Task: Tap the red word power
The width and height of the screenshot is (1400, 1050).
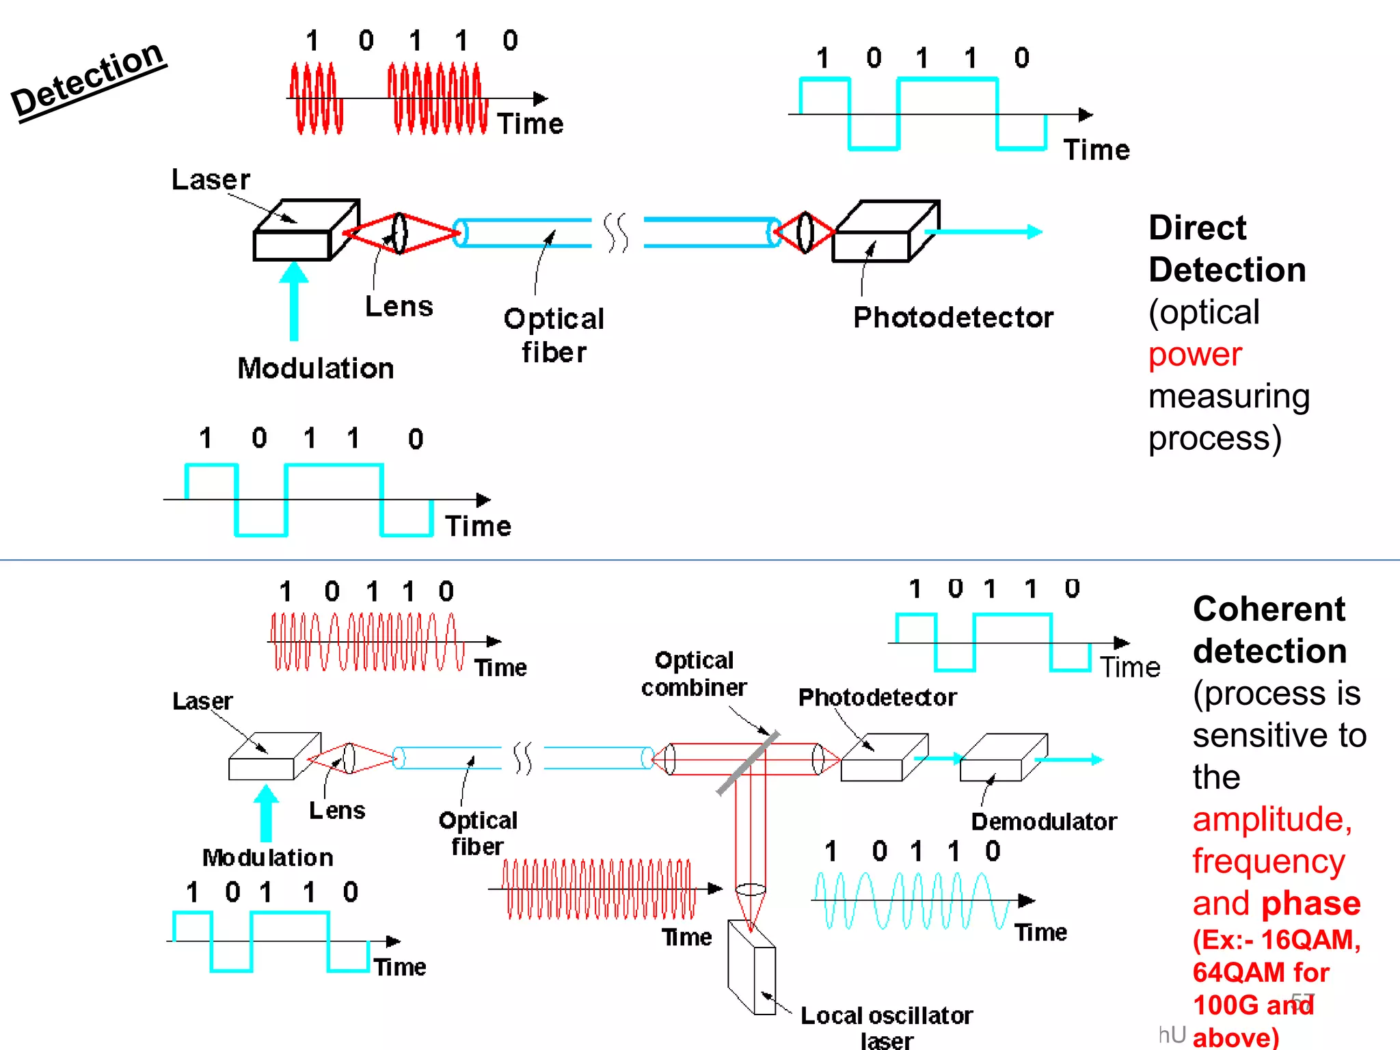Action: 1194,354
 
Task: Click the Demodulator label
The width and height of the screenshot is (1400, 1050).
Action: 1043,821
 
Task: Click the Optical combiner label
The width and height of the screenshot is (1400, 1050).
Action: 693,673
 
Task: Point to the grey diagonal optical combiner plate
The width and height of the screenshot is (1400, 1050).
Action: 748,763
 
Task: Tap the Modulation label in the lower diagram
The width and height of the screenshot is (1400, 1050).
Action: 267,857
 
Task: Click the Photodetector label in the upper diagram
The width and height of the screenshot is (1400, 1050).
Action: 953,317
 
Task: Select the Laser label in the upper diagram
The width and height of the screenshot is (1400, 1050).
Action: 211,180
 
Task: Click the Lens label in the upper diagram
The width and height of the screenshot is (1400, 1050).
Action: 399,306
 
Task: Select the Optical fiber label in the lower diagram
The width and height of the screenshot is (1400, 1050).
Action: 478,833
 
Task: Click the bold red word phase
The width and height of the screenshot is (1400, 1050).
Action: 1310,903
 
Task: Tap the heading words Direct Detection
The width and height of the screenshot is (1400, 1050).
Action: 1226,249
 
